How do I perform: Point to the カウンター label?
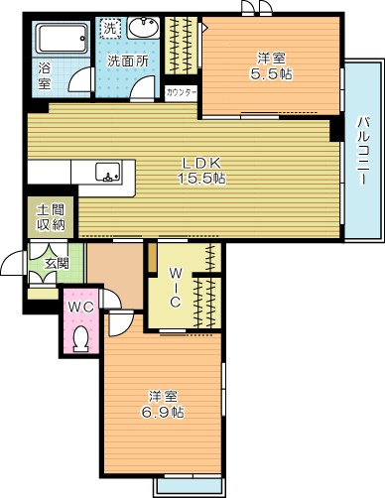point(182,91)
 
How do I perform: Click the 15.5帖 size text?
point(202,179)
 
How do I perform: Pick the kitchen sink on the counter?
point(108,172)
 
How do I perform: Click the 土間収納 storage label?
point(52,217)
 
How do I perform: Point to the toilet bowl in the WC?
point(81,337)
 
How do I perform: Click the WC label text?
point(80,307)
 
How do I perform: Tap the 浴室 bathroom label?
point(45,77)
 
